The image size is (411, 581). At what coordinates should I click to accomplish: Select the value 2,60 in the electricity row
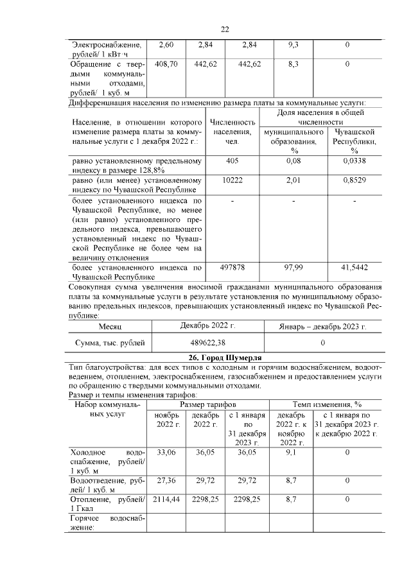click(166, 45)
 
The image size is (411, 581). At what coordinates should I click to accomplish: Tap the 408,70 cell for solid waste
click(166, 65)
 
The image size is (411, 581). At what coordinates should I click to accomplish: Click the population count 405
click(232, 161)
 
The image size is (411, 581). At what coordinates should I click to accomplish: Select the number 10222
click(232, 181)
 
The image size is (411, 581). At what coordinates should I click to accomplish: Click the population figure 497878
click(232, 266)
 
